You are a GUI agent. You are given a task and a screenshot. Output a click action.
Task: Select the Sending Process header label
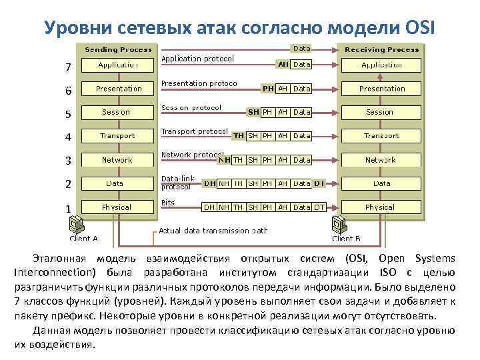118,49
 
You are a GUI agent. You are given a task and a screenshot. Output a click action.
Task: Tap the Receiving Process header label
382,49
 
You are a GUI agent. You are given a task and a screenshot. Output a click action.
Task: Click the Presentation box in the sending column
119,89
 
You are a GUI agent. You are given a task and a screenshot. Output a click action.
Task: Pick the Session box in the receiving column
380,112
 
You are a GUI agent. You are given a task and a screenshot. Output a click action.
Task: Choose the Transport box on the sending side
117,136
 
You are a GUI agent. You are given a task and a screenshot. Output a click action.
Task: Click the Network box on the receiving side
380,160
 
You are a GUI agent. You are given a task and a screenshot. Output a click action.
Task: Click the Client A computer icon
78,223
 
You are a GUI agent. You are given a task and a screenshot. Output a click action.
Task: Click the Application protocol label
198,59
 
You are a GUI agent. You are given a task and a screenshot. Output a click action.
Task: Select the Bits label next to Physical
168,202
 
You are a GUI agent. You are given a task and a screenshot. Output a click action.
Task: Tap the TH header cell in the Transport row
238,136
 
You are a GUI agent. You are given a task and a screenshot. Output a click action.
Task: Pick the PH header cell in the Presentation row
268,89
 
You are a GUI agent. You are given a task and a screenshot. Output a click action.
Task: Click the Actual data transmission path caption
213,231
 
